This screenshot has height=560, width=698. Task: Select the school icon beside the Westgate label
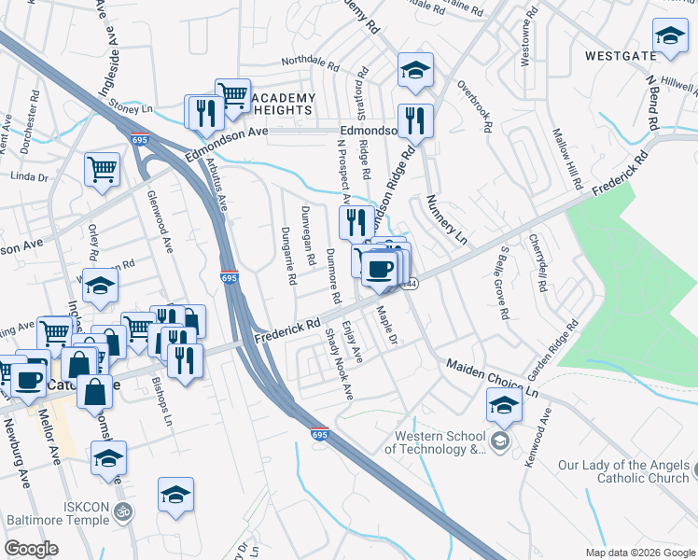click(669, 38)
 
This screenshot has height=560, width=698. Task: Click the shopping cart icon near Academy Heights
click(232, 96)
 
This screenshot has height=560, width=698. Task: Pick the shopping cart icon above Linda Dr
click(102, 171)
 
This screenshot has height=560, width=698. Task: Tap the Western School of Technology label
click(440, 441)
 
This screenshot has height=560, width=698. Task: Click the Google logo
click(31, 549)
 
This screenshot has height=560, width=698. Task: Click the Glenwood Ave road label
click(159, 218)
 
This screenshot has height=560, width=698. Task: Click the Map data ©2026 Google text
click(639, 552)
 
